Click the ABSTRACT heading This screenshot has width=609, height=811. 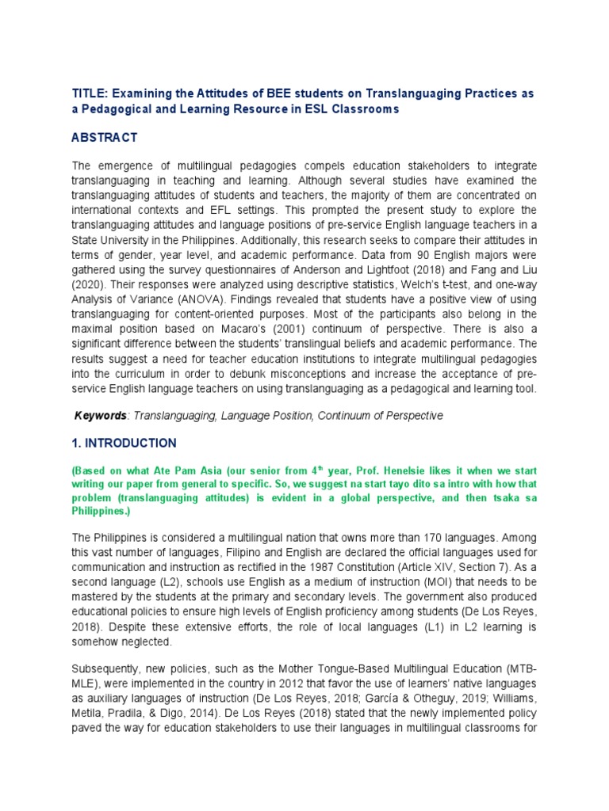coord(105,137)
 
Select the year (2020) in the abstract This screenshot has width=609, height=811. coord(90,285)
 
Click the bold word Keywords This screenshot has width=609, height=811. coord(101,415)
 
